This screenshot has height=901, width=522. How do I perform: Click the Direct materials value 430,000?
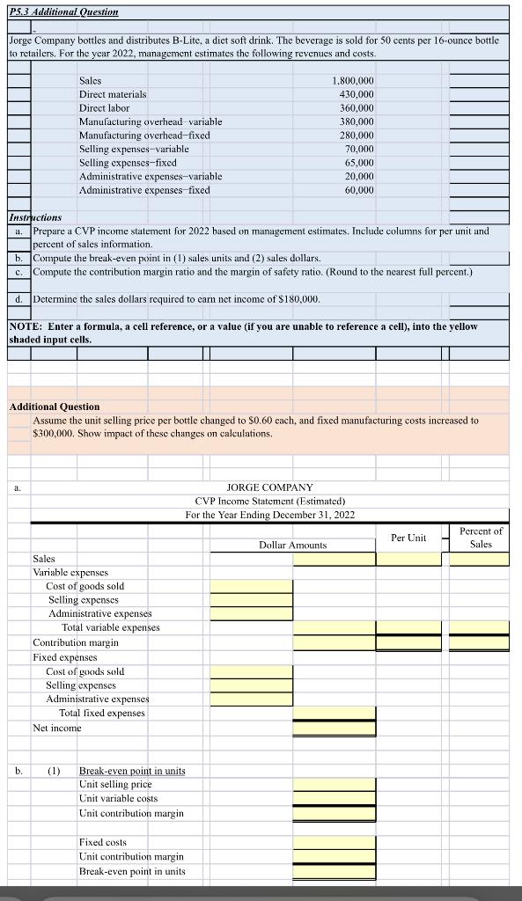pyautogui.click(x=356, y=94)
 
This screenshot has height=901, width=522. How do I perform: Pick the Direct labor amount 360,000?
pyautogui.click(x=356, y=107)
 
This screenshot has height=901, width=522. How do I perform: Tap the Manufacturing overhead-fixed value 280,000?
pyautogui.click(x=356, y=136)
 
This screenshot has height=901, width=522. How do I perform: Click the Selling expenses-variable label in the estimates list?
pyautogui.click(x=134, y=149)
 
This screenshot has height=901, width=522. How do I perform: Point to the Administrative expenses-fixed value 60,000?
pyautogui.click(x=358, y=190)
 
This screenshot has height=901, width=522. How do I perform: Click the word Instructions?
pyautogui.click(x=35, y=217)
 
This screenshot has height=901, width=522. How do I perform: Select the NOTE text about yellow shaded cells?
pyautogui.click(x=242, y=332)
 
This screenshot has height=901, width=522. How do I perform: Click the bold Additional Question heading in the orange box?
pyautogui.click(x=54, y=407)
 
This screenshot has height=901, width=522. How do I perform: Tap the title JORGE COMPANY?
pyautogui.click(x=269, y=487)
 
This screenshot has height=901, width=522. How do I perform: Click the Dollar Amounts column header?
pyautogui.click(x=292, y=546)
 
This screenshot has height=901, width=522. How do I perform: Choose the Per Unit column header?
pyautogui.click(x=408, y=538)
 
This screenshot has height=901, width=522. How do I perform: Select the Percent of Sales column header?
pyautogui.click(x=481, y=538)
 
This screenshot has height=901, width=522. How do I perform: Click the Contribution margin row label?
pyautogui.click(x=76, y=642)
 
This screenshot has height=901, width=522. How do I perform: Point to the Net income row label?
pyautogui.click(x=56, y=728)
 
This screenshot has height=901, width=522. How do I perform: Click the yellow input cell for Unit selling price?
pyautogui.click(x=334, y=784)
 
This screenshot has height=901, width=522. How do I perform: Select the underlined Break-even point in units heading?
pyautogui.click(x=132, y=771)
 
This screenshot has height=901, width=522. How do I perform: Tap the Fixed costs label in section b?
pyautogui.click(x=103, y=842)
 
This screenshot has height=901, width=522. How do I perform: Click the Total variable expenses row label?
pyautogui.click(x=110, y=627)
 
